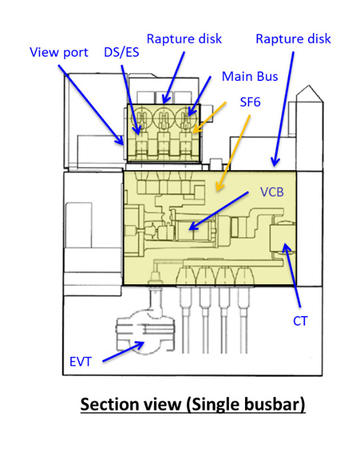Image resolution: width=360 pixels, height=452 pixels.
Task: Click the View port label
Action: point(59,52)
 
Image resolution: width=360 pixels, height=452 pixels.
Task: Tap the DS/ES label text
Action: point(122,52)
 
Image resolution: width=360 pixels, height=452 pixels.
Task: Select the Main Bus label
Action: point(250,76)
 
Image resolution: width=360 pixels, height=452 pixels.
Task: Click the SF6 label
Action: point(250,102)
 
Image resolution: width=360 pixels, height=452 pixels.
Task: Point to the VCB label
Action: point(272,192)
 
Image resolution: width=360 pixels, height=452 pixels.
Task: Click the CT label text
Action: point(300,321)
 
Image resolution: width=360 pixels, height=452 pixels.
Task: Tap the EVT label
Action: point(80,362)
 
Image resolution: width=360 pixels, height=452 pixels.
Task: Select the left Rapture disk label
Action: point(185,39)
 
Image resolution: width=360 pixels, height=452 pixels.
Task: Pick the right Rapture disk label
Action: point(294,39)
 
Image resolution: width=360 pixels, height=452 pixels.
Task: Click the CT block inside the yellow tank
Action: point(281,238)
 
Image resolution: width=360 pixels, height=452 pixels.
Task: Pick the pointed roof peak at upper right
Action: point(309,86)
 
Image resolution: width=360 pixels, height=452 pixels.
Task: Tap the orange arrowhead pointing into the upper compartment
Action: point(196,129)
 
